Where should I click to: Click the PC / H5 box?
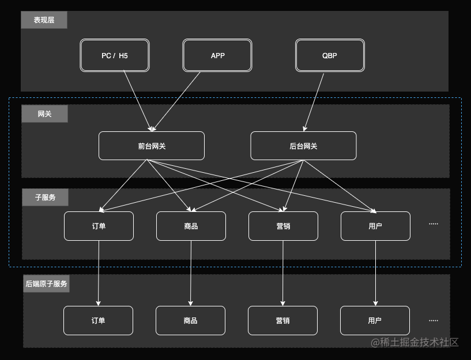(114, 55)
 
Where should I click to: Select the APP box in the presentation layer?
(217, 55)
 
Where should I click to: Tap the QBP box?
(330, 55)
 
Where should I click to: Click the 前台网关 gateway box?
(152, 146)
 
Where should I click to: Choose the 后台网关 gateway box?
(303, 146)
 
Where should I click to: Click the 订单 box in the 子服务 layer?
(99, 226)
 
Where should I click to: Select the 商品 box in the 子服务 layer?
(191, 226)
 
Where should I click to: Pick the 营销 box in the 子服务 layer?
(283, 226)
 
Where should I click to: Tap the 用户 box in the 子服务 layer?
(375, 226)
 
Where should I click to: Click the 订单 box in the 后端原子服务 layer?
(98, 320)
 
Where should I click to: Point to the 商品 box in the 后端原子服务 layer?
(190, 320)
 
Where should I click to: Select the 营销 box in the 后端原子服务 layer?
(282, 320)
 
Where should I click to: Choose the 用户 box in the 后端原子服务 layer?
(375, 320)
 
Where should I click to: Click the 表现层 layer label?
(44, 20)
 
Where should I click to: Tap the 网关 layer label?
(44, 114)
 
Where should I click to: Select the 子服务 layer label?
(45, 197)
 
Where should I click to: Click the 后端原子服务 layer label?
(46, 283)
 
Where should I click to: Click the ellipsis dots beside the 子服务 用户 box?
(434, 223)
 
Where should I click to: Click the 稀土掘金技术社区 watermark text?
(415, 342)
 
